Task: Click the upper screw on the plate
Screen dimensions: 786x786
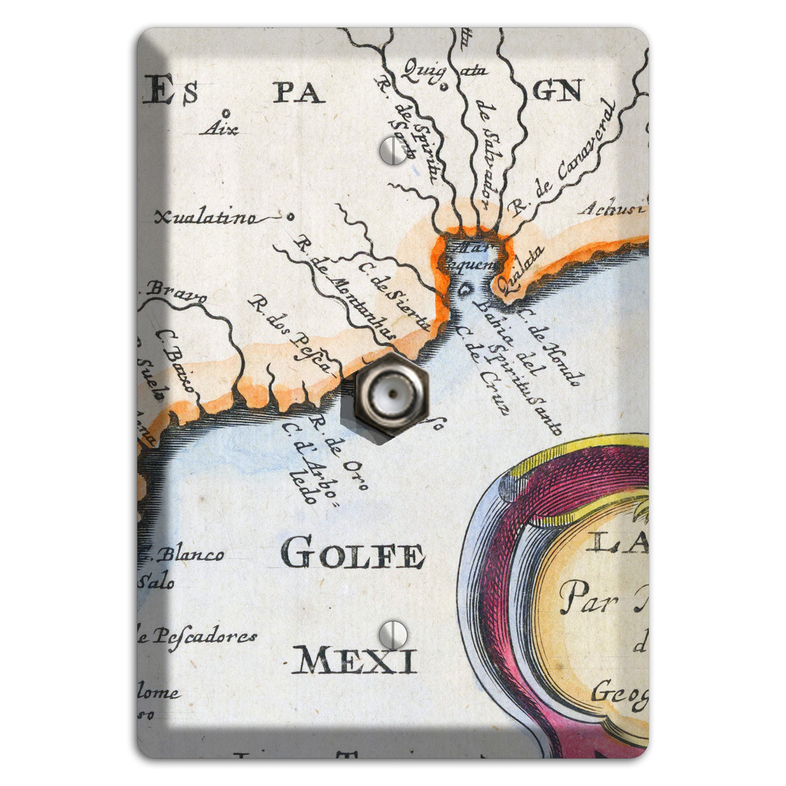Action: click(x=393, y=151)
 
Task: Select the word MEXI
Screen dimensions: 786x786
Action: click(x=354, y=661)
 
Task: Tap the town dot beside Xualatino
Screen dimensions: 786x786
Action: click(x=290, y=217)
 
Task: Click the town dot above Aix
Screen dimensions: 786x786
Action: click(x=226, y=113)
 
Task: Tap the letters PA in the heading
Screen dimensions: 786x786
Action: click(x=298, y=94)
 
